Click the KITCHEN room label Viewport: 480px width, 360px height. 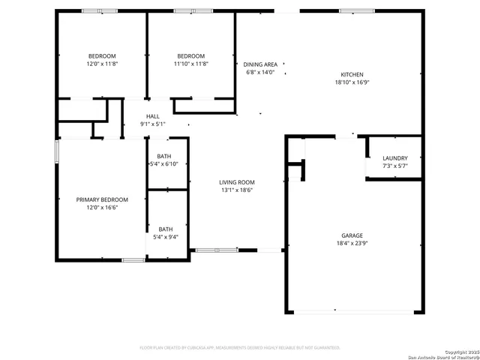pos(352,75)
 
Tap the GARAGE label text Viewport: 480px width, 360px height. pos(352,235)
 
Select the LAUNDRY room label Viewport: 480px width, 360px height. pos(394,157)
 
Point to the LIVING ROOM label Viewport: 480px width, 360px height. pos(237,182)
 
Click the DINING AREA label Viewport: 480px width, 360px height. pos(260,64)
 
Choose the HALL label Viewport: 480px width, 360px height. pos(153,116)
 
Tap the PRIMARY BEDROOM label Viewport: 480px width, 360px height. pos(102,199)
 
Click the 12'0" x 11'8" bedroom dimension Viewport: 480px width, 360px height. pos(102,64)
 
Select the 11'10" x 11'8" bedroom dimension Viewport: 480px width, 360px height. pos(190,64)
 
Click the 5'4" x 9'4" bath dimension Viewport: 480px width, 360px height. pos(165,237)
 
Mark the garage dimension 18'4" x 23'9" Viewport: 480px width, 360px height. pos(352,243)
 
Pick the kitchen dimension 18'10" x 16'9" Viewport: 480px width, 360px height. pos(352,83)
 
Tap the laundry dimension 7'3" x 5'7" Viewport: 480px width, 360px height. pos(394,166)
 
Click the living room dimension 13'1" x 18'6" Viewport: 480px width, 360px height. pos(237,190)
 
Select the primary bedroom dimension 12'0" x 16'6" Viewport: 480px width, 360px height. pos(102,208)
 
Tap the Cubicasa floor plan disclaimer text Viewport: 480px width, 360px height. pos(240,348)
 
